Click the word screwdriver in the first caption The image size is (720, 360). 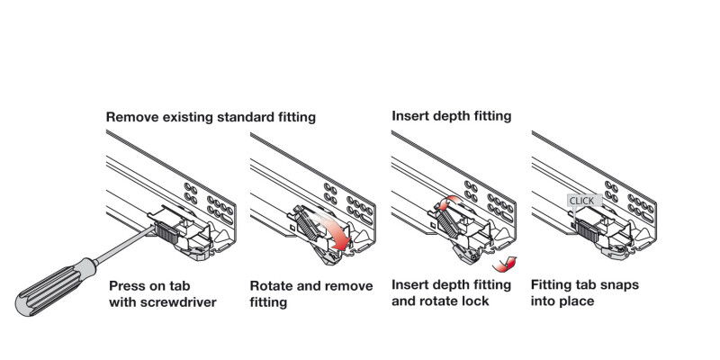click(176, 301)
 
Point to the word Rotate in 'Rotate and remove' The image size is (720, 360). click(273, 285)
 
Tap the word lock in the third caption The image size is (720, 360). click(473, 301)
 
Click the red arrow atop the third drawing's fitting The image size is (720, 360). click(448, 203)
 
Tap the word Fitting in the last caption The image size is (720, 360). click(553, 285)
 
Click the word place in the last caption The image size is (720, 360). click(576, 301)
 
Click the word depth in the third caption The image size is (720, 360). click(451, 285)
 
